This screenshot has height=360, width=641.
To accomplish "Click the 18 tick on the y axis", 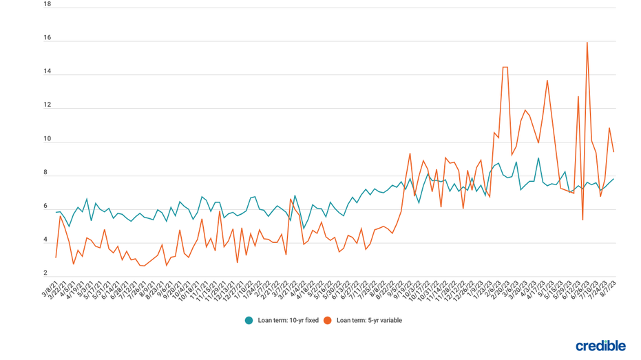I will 48,4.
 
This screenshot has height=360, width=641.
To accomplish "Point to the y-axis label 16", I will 48,38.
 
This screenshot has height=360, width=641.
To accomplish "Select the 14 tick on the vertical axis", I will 48,72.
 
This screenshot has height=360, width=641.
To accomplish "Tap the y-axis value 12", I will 48,105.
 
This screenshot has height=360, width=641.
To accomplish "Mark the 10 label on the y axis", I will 48,139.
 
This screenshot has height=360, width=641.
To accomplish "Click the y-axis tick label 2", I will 45,274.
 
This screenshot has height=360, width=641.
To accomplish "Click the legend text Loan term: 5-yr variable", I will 369,321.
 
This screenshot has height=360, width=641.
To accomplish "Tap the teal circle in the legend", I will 249,321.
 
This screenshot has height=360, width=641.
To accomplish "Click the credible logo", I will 600,346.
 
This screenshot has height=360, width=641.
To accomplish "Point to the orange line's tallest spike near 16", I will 587,43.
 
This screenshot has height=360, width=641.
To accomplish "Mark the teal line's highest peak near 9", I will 538,158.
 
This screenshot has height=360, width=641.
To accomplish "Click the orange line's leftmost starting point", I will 56,257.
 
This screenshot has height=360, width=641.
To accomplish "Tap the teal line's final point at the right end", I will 613,179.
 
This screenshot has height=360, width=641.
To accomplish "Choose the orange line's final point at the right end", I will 613,152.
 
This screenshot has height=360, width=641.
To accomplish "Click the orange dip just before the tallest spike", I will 582,220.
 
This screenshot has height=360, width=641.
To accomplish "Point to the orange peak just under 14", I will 547,81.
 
